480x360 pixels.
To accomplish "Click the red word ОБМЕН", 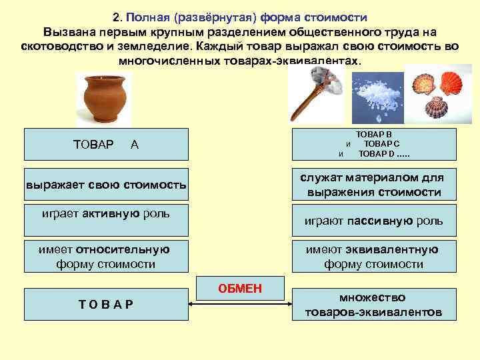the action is tap(240, 289).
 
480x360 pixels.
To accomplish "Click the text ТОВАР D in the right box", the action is tap(377, 154).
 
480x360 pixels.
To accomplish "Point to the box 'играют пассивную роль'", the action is tap(373, 221).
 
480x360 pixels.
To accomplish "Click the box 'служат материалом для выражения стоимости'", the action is tap(373, 184).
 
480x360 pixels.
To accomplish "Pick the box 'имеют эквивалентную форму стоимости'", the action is tap(373, 257).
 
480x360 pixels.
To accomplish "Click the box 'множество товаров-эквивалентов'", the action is tap(373, 305).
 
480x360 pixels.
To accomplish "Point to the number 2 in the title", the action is tap(116, 16).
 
